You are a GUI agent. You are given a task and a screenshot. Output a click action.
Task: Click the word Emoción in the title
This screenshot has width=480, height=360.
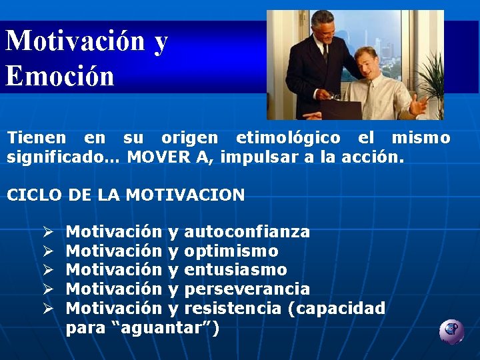[60, 75]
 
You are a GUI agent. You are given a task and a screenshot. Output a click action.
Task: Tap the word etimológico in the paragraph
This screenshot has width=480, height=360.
[287, 138]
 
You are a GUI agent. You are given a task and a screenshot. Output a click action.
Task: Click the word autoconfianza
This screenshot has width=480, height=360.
[247, 232]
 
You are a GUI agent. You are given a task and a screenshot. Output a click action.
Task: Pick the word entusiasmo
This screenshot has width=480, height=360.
[235, 270]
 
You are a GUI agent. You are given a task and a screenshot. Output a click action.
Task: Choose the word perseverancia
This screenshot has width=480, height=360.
[247, 289]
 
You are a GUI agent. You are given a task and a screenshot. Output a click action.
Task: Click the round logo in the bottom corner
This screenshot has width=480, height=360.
[451, 331]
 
